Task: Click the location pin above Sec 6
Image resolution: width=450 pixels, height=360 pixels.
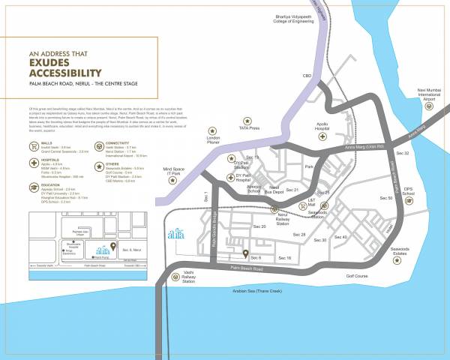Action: click(246, 252)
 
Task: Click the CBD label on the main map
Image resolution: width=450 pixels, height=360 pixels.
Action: click(307, 76)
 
